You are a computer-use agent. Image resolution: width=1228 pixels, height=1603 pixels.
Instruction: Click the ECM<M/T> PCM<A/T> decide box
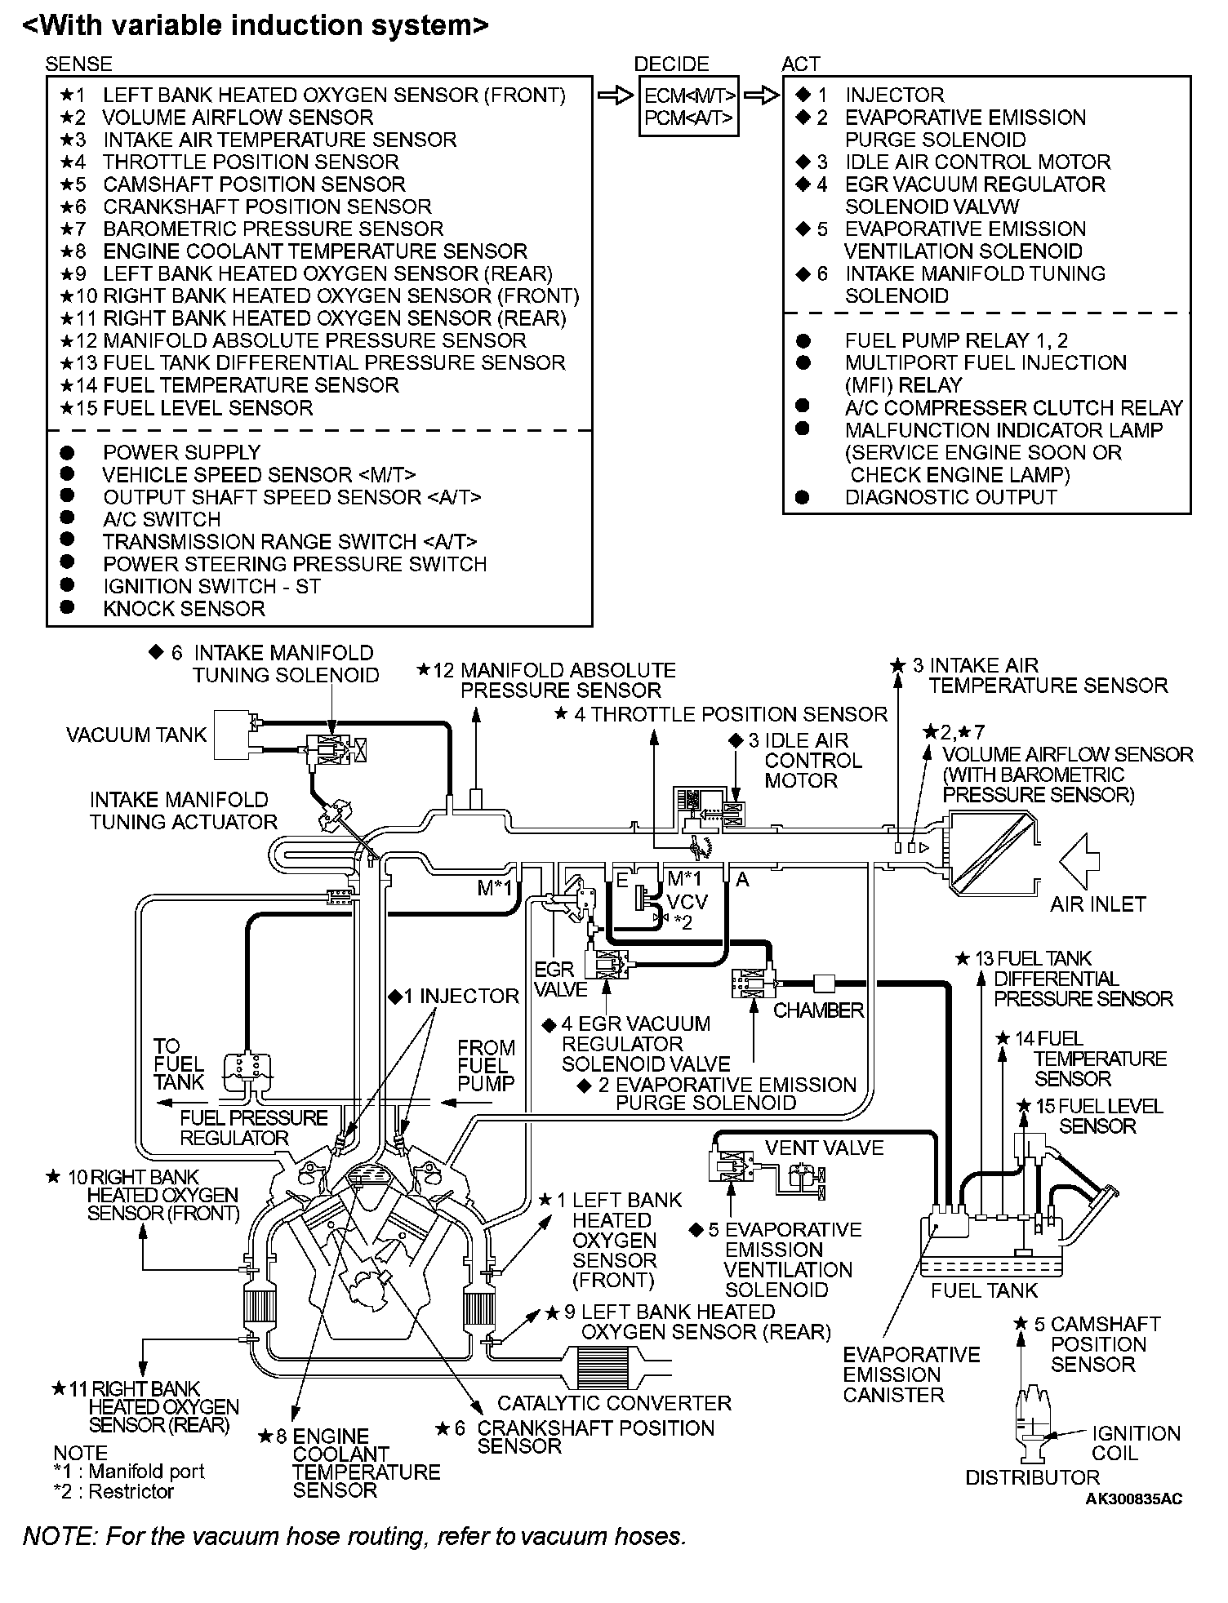690,106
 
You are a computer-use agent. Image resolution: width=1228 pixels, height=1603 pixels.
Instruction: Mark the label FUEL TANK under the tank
984,1290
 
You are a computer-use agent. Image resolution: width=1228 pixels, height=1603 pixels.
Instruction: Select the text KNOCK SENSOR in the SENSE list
184,609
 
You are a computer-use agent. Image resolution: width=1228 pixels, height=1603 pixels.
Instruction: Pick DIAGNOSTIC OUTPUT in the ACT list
950,497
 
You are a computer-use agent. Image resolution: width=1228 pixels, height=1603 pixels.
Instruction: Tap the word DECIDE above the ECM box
671,64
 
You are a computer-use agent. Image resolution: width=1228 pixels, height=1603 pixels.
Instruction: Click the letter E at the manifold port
622,879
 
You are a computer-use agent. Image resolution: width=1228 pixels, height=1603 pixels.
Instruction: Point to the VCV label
687,902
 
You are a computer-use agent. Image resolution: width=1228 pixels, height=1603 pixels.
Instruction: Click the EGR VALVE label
561,979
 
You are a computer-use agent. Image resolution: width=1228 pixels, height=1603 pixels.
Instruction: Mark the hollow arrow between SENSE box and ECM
615,95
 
